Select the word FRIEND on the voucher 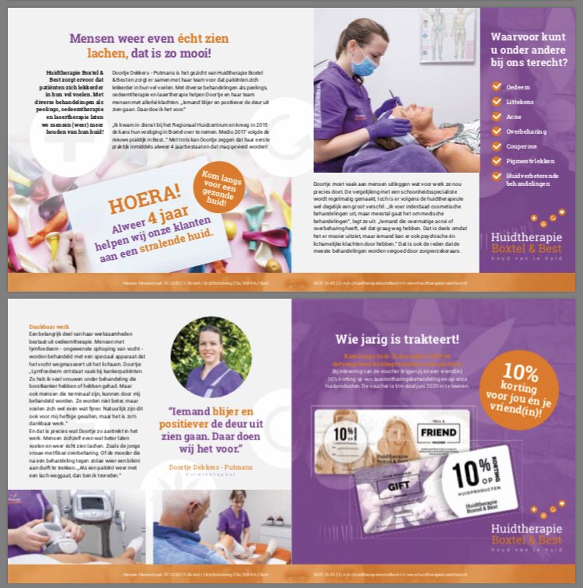(436, 432)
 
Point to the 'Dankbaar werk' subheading (36, 327)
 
